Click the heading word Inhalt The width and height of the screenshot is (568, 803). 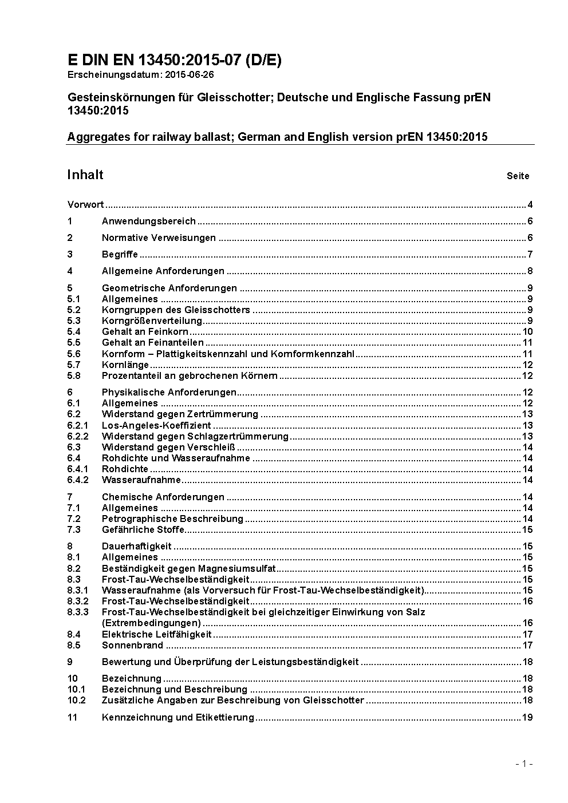tap(85, 175)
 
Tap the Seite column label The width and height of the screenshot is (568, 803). tap(518, 176)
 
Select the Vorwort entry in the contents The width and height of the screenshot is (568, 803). tap(85, 205)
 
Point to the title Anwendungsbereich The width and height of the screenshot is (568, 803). tap(148, 221)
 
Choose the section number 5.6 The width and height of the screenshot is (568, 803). tap(74, 354)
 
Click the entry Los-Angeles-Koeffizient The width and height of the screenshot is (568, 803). tap(156, 425)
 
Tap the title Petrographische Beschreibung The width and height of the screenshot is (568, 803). tap(172, 519)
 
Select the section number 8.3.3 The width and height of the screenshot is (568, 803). tap(78, 612)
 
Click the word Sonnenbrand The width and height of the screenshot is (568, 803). tap(132, 645)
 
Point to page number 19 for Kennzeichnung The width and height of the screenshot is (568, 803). tap(527, 717)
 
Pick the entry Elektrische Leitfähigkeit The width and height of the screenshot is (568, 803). tap(156, 634)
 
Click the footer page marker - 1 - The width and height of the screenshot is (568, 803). tap(524, 763)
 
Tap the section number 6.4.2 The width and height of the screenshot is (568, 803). tap(78, 480)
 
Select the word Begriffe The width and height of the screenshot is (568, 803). tap(120, 255)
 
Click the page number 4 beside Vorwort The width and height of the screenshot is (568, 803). tap(530, 205)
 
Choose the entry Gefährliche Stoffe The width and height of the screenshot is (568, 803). tap(143, 529)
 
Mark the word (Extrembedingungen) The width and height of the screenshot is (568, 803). tap(151, 623)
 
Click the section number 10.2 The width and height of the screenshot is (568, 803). tap(76, 700)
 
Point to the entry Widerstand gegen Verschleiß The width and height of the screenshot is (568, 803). tap(168, 447)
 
